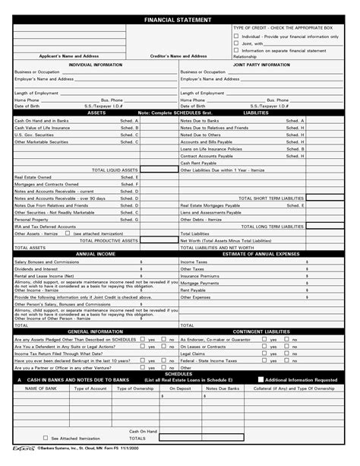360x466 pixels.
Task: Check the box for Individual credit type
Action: [236, 36]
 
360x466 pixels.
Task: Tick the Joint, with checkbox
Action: [236, 43]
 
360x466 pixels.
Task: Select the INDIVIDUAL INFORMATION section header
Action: [96, 65]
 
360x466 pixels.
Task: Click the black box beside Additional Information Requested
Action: [261, 379]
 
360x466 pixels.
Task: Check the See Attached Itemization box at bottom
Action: [44, 438]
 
